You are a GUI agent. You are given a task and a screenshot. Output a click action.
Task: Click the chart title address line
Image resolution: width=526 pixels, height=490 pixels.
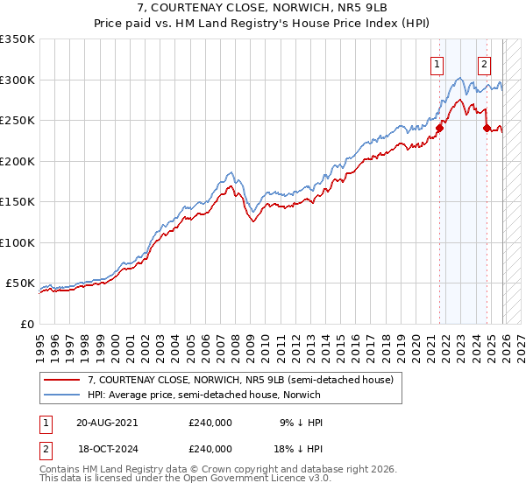[x=263, y=9]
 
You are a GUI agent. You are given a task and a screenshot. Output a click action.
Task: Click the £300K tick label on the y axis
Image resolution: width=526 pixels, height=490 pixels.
[x=18, y=80]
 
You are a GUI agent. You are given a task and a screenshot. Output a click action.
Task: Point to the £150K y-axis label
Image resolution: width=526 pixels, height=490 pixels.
[x=18, y=201]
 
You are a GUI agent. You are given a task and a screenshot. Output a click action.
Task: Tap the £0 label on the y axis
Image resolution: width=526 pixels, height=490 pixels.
[x=26, y=324]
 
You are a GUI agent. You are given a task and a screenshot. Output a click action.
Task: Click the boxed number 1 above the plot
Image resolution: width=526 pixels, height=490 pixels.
[x=437, y=63]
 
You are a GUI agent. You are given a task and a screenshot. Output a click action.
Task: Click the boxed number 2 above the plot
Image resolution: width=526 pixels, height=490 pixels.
[x=484, y=63]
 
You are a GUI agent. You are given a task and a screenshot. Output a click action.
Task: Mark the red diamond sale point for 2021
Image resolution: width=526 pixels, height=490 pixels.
[x=440, y=129]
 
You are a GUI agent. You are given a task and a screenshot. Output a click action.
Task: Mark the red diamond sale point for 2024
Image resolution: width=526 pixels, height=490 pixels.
[x=487, y=129]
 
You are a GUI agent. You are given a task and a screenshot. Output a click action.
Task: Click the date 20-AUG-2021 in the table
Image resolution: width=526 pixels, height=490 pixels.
[x=107, y=423]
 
